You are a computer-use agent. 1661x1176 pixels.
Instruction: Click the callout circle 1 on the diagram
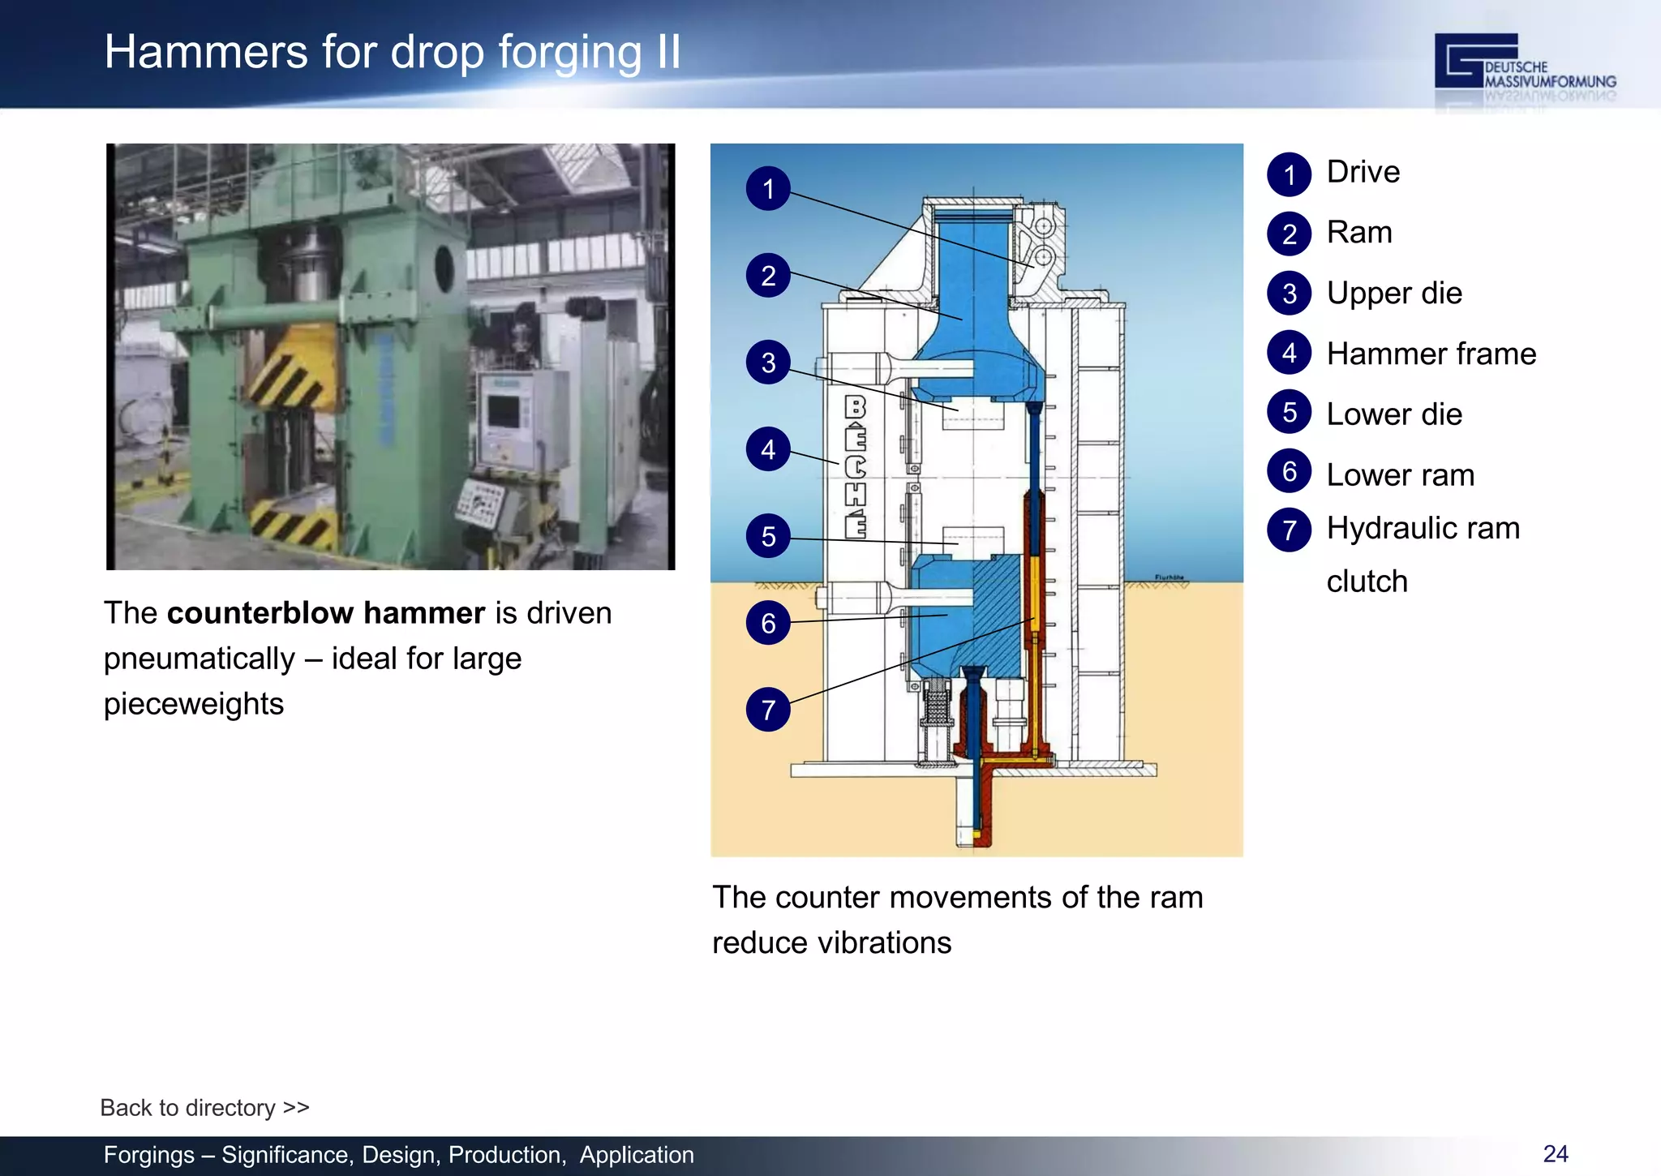tap(768, 189)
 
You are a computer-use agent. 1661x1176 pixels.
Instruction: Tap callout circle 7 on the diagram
tap(768, 710)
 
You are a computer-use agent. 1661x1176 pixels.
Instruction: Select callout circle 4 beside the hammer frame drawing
tap(768, 449)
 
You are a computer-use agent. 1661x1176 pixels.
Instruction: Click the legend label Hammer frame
tap(1431, 354)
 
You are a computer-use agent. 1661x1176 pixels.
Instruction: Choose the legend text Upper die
tap(1393, 293)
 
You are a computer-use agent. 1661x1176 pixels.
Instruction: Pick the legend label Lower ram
tap(1400, 474)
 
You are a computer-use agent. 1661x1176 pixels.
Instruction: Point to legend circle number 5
tap(1289, 412)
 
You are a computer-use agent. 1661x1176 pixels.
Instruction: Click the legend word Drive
tap(1363, 172)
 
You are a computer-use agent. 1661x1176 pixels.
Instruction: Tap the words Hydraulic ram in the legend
tap(1423, 528)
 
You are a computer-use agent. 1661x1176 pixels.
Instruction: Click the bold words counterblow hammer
tap(325, 613)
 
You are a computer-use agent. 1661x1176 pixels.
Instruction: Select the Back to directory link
tap(204, 1107)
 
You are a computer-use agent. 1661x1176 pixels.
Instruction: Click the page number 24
tap(1555, 1153)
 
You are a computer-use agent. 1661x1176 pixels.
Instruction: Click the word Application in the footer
tap(636, 1155)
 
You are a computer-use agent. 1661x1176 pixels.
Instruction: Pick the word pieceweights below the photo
tap(194, 704)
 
